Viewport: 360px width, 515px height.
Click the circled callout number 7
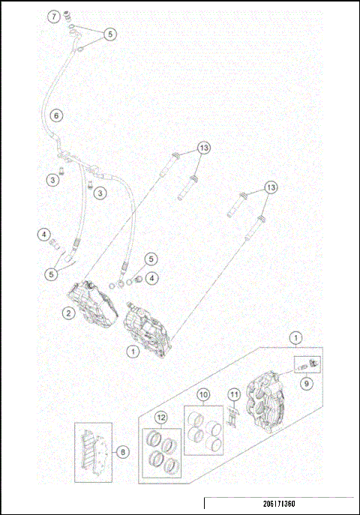point(53,16)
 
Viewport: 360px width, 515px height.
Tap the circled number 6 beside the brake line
point(55,115)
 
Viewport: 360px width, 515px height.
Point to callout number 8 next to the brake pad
point(123,452)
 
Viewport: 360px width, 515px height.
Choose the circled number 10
point(203,394)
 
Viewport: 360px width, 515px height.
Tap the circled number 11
point(234,394)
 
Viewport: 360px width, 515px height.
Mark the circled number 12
point(160,417)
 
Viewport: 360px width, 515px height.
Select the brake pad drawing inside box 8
point(92,452)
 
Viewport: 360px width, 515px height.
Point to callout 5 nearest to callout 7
point(110,34)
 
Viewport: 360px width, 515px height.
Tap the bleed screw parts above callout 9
point(307,364)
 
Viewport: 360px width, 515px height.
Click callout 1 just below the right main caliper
point(132,350)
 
